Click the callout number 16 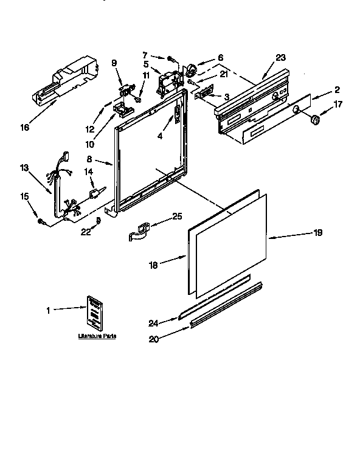pos(24,126)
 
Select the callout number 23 pos(280,58)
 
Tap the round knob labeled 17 pos(315,122)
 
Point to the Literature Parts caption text pos(97,336)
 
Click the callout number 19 pos(317,232)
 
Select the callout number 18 pos(153,265)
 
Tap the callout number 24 pos(154,323)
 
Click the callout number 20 pos(153,339)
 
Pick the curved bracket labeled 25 pos(140,231)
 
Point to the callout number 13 pos(24,167)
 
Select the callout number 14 pos(88,172)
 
